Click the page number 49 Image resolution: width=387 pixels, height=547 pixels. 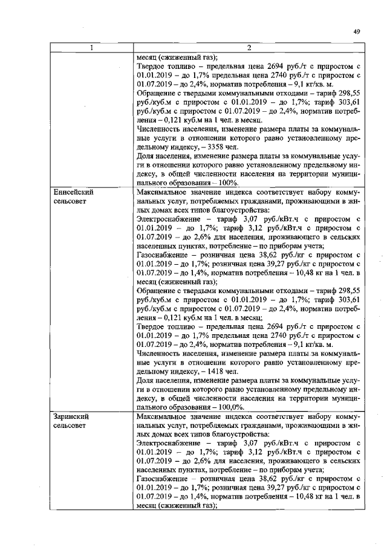(356, 33)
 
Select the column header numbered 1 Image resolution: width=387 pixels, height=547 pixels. (92, 48)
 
